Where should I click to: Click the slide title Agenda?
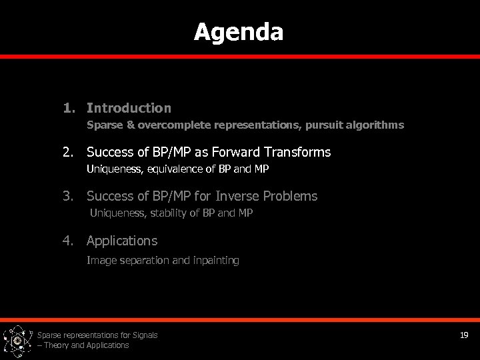[x=239, y=32]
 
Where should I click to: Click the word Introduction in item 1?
[x=129, y=107]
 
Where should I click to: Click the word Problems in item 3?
[x=293, y=196]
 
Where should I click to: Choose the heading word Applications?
[x=122, y=241]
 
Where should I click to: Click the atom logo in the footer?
[x=17, y=339]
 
